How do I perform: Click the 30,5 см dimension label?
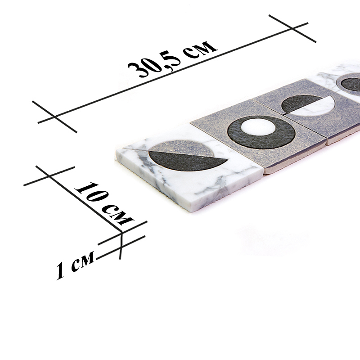[173, 59]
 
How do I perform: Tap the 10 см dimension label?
[104, 203]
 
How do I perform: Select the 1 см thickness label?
[75, 265]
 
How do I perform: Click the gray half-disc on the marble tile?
[181, 148]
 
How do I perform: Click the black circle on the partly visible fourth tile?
[351, 84]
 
